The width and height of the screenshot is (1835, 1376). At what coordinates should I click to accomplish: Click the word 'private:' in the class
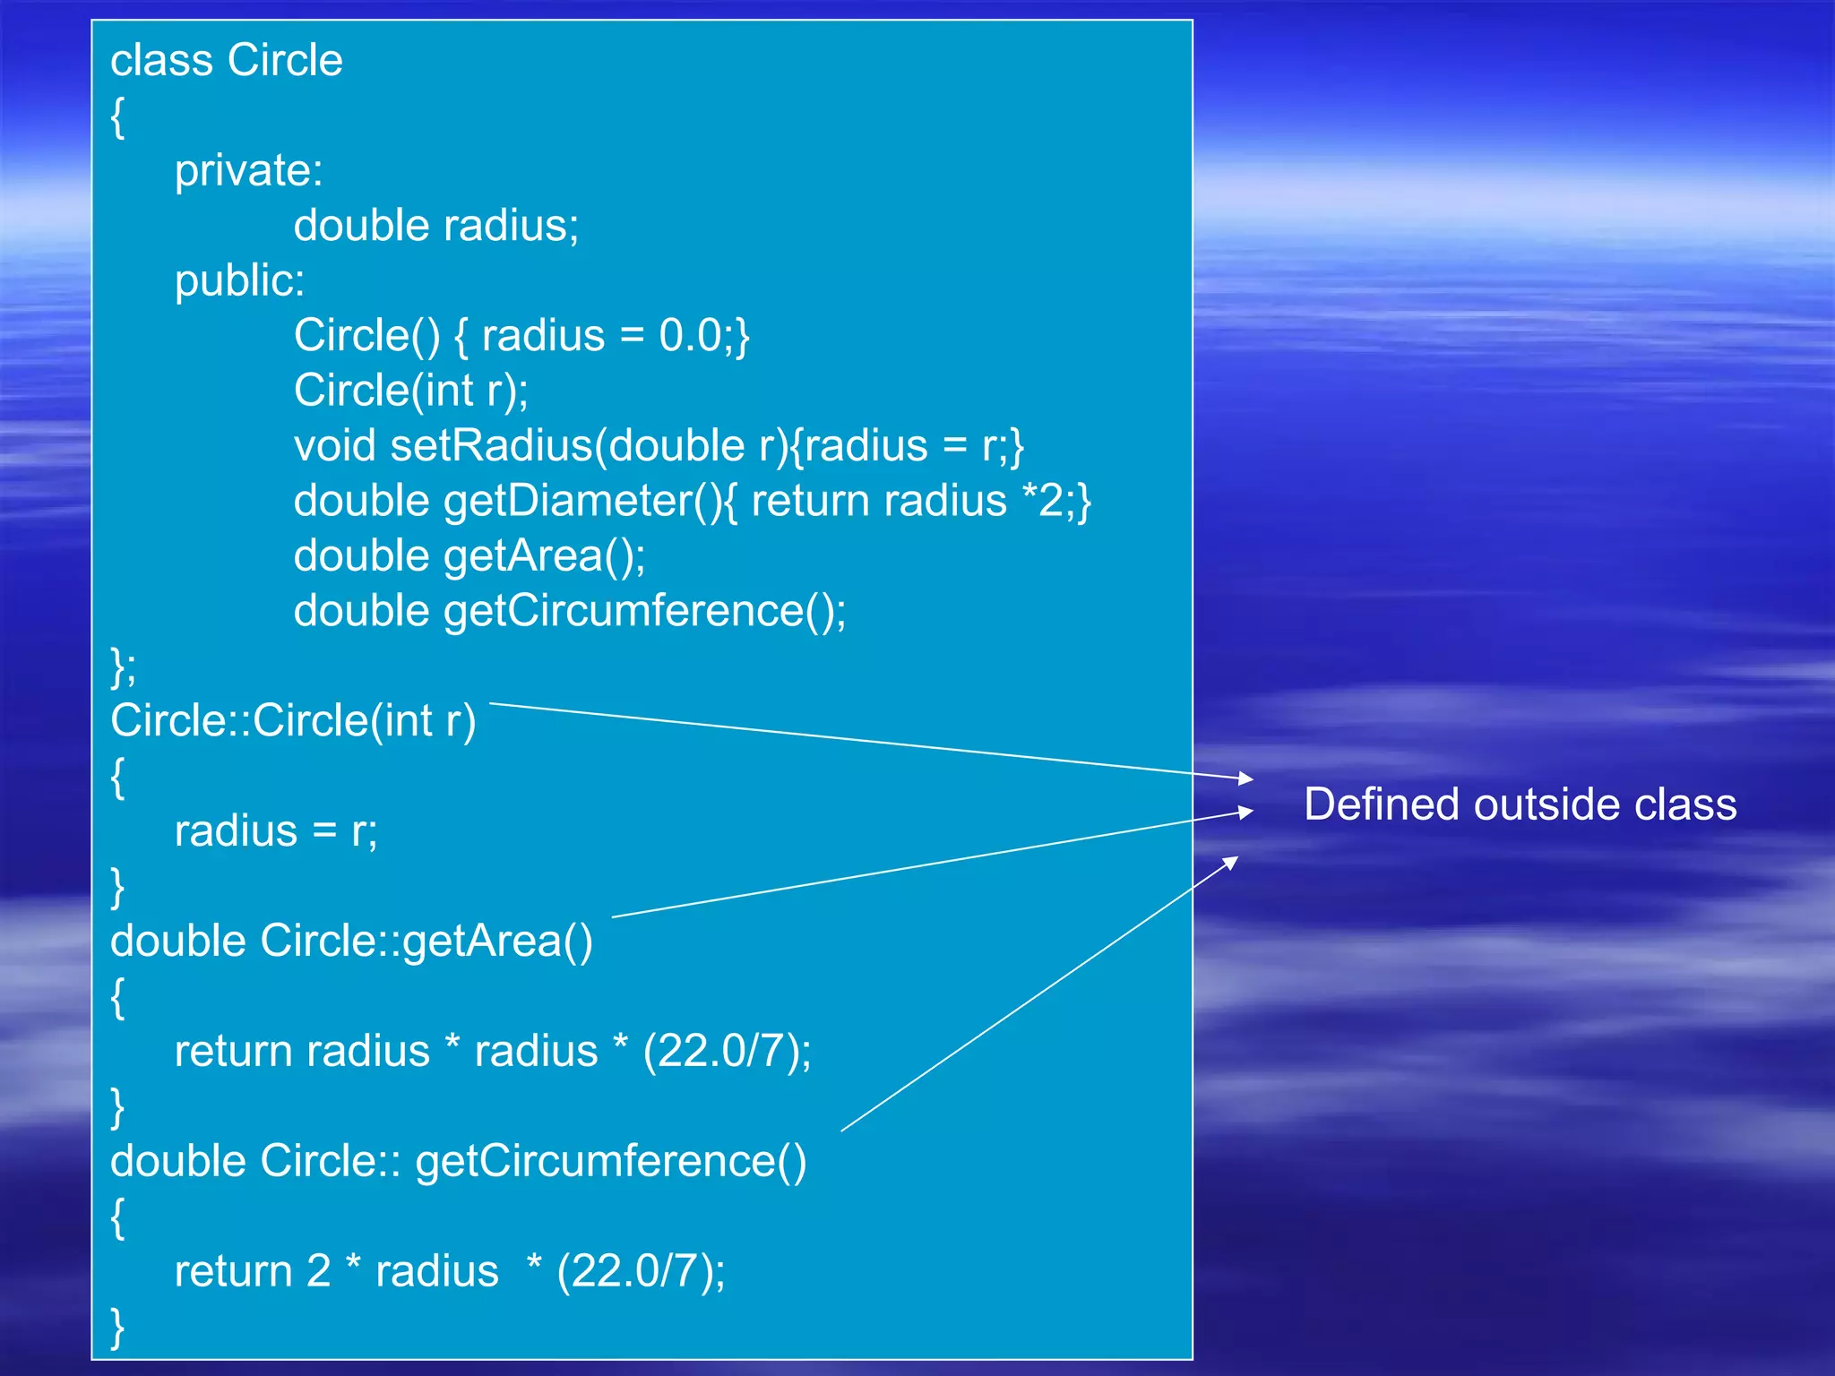pyautogui.click(x=248, y=170)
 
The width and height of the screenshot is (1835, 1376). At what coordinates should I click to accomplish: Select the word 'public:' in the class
pyautogui.click(x=239, y=280)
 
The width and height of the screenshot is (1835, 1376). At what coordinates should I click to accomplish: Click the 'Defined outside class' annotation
pyautogui.click(x=1520, y=804)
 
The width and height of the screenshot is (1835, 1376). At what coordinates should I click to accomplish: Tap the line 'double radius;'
pyautogui.click(x=436, y=225)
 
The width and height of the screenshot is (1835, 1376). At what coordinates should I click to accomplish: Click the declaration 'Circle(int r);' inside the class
pyautogui.click(x=411, y=391)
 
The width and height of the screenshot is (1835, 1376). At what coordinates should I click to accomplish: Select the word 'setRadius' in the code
pyautogui.click(x=492, y=446)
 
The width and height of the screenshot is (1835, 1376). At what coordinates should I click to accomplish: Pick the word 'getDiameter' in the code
pyautogui.click(x=568, y=501)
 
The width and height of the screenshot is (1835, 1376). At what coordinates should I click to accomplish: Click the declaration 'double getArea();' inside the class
pyautogui.click(x=470, y=556)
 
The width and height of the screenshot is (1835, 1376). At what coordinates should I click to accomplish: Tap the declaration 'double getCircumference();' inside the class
pyautogui.click(x=570, y=611)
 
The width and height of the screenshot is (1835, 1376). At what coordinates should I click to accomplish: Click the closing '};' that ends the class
pyautogui.click(x=123, y=666)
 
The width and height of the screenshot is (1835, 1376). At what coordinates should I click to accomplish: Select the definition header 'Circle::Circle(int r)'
pyautogui.click(x=293, y=721)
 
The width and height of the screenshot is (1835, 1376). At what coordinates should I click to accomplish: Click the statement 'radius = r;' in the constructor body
pyautogui.click(x=276, y=831)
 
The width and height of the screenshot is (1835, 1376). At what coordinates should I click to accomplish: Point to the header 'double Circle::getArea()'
pyautogui.click(x=351, y=942)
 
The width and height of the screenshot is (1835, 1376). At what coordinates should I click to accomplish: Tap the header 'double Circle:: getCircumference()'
pyautogui.click(x=458, y=1161)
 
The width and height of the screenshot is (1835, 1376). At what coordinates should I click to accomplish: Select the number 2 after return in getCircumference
pyautogui.click(x=319, y=1271)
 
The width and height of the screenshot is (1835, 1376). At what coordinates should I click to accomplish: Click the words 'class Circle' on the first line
pyautogui.click(x=227, y=61)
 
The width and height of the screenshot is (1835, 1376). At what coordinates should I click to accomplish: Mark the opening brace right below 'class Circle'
pyautogui.click(x=117, y=117)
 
